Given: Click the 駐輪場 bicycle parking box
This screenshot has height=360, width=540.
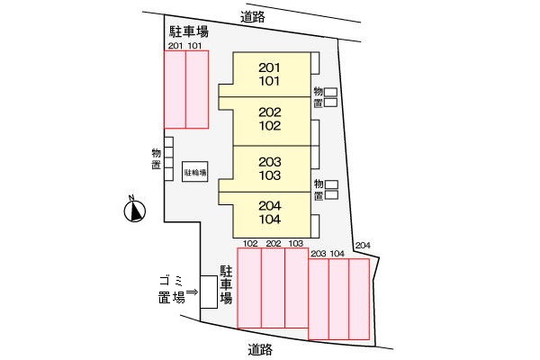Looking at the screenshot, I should pos(194,171).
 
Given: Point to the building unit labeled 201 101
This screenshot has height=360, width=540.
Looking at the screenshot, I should pos(270,74).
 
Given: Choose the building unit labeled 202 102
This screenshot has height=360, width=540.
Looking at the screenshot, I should pos(270,120).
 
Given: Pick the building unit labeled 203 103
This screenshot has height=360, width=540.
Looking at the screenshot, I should pos(270,168).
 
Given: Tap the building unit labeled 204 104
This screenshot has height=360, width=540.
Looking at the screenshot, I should pos(270,212).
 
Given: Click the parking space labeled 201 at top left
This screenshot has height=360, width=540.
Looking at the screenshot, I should pos(175,89).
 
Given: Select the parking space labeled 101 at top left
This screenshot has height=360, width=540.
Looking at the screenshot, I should pos(197,89).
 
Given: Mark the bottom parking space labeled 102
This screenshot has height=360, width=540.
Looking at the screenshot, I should pos(249,287).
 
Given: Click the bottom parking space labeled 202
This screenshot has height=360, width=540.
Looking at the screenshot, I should pos(273,287).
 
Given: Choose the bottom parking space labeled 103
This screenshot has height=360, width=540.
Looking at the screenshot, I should pos(296,287).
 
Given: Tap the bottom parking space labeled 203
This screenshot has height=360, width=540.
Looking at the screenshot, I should pos(319,299).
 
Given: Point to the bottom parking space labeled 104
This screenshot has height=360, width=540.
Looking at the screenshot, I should pos(339,299).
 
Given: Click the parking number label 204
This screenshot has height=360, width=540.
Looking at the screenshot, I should pos(362,245).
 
